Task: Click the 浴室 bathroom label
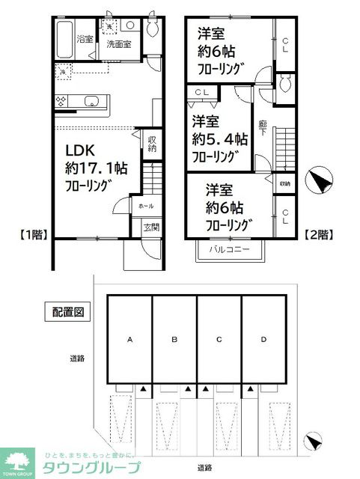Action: click(85, 39)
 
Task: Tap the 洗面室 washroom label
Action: click(118, 44)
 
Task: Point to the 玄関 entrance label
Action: click(141, 228)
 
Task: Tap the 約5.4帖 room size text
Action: click(219, 138)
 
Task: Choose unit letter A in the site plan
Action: click(129, 340)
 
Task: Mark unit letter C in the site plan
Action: click(219, 340)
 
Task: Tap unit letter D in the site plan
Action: click(263, 340)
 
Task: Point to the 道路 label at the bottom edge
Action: click(204, 467)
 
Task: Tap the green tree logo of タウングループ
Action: click(20, 460)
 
